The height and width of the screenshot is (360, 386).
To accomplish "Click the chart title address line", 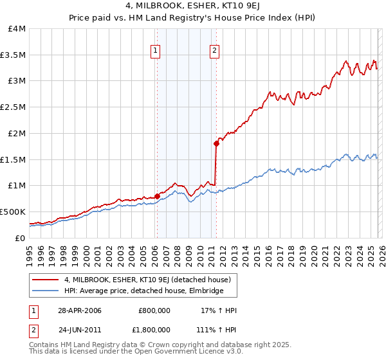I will tap(193, 6).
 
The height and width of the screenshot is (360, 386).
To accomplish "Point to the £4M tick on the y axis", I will tap(17, 29).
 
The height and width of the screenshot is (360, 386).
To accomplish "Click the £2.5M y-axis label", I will tap(13, 107).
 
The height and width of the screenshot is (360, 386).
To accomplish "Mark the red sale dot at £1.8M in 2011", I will tap(216, 144).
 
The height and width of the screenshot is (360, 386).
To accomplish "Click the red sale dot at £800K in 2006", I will tap(157, 196).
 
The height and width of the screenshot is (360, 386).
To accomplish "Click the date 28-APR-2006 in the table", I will tap(79, 310).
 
